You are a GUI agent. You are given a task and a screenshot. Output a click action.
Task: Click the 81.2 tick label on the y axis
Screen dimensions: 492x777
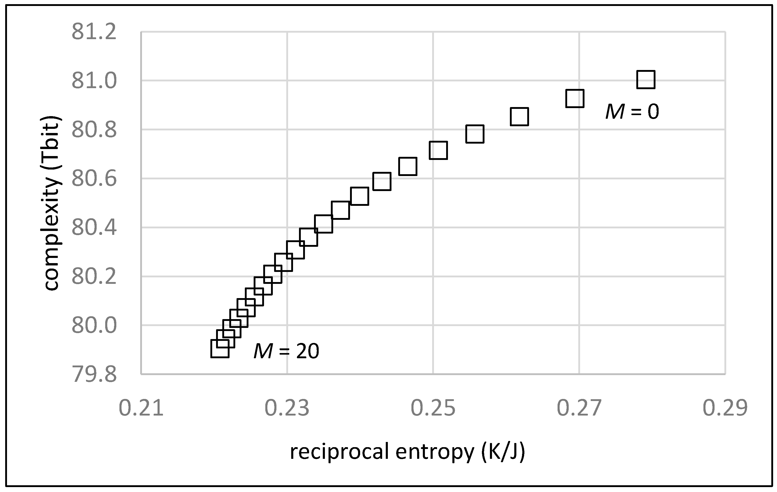point(94,32)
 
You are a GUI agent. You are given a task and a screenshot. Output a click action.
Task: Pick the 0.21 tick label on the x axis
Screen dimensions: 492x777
point(141,408)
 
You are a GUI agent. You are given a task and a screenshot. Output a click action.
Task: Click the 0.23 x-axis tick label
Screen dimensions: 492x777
point(287,408)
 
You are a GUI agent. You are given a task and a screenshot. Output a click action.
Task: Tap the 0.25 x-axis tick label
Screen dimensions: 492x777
point(433,408)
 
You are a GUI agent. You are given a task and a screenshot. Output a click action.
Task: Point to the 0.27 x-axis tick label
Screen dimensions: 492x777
point(579,408)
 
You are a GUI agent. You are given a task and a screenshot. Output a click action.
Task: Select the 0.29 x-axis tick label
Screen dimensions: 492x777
point(725,408)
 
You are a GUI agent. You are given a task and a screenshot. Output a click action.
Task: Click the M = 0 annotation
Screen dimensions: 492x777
point(632,112)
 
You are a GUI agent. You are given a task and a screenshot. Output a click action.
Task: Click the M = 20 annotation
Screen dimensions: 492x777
point(286,351)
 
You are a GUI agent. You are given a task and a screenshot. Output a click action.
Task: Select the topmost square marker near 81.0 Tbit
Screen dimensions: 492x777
point(646,79)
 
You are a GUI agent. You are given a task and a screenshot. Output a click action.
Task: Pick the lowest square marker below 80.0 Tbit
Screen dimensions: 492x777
point(220,349)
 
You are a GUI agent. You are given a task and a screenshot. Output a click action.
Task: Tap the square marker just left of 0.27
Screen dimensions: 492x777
point(575,99)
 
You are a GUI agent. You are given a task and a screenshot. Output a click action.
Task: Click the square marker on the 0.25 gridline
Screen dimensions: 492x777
point(438,150)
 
